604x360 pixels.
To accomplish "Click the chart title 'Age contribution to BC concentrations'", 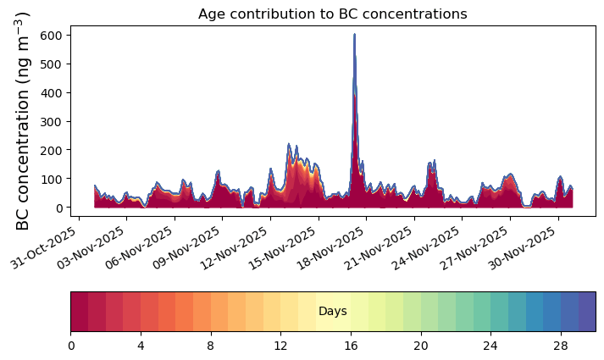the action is (x=332, y=14).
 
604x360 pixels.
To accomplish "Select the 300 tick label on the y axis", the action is (x=51, y=122).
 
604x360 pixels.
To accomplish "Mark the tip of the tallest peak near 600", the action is (x=354, y=34).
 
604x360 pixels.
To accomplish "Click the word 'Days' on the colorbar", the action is (x=333, y=311).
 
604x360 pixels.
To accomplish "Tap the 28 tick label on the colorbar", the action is (x=561, y=346).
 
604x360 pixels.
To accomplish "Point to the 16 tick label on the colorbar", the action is (x=351, y=346).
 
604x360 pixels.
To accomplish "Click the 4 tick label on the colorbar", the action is (x=141, y=346).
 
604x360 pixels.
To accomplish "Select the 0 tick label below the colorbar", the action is (x=71, y=346).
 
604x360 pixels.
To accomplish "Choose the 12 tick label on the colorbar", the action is (x=280, y=346).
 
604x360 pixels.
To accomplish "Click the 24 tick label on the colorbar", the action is (x=490, y=346).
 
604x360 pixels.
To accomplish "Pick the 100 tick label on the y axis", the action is (x=51, y=179).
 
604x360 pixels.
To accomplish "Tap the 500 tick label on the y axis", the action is (x=51, y=64).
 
